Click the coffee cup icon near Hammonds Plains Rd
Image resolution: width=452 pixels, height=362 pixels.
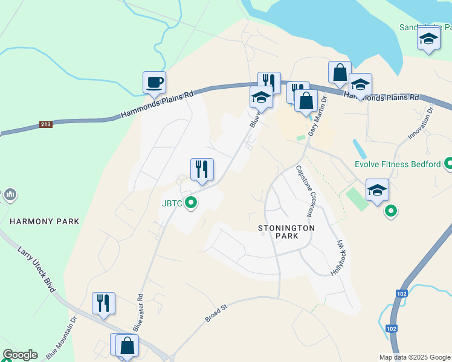(x=154, y=82)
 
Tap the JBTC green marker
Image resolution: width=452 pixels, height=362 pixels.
(x=191, y=203)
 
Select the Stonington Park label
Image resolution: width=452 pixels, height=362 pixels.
(x=286, y=232)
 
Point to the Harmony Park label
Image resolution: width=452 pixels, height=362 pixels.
(x=44, y=221)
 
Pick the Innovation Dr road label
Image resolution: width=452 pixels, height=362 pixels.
(x=421, y=123)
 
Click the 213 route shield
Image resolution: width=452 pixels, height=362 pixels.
(x=45, y=125)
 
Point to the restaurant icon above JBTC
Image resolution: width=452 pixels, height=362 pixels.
(x=202, y=169)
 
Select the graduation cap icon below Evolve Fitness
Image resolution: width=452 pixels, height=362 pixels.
(x=377, y=190)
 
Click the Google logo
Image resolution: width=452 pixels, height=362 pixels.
(x=20, y=355)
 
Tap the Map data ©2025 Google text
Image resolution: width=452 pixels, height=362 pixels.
(x=415, y=357)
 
